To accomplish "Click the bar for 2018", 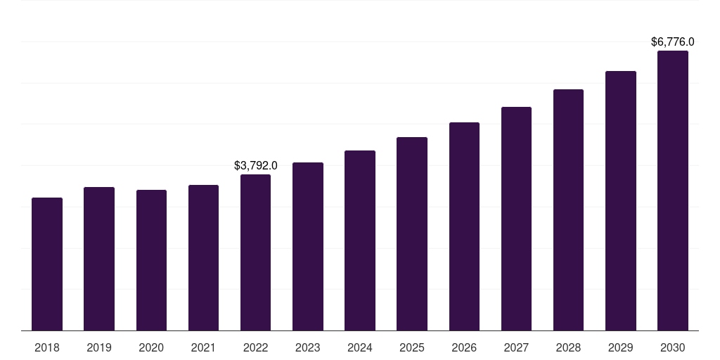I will pyautogui.click(x=47, y=264).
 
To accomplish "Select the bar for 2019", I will pyautogui.click(x=99, y=259).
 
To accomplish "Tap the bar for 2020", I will pyautogui.click(x=151, y=260).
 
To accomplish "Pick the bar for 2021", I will pyautogui.click(x=203, y=257).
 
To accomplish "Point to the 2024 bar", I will pyautogui.click(x=360, y=240).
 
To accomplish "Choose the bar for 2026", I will pyautogui.click(x=464, y=226).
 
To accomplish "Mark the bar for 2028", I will pyautogui.click(x=568, y=210).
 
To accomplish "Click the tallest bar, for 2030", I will pyautogui.click(x=673, y=191).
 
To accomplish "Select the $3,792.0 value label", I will pyautogui.click(x=255, y=166).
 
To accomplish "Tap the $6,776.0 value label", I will pyautogui.click(x=673, y=42).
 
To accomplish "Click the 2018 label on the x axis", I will pyautogui.click(x=47, y=347).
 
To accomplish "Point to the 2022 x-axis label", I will pyautogui.click(x=255, y=347).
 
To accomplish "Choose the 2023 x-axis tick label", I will pyautogui.click(x=308, y=347).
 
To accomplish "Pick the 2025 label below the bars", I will pyautogui.click(x=412, y=347).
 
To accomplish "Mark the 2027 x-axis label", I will pyautogui.click(x=516, y=347).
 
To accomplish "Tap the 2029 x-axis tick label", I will pyautogui.click(x=620, y=347).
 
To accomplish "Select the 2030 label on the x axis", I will pyautogui.click(x=673, y=347).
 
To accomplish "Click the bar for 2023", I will pyautogui.click(x=308, y=246).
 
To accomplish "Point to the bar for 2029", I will pyautogui.click(x=620, y=200).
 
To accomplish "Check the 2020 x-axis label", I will pyautogui.click(x=151, y=347).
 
